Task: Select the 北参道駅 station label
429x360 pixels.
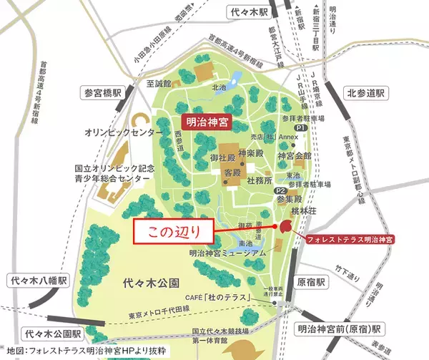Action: click(x=366, y=93)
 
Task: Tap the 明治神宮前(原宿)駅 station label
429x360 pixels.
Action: click(x=339, y=329)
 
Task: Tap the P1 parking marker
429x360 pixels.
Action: click(x=301, y=127)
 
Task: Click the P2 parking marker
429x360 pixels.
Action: click(x=282, y=191)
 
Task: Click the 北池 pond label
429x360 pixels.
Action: click(x=218, y=88)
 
